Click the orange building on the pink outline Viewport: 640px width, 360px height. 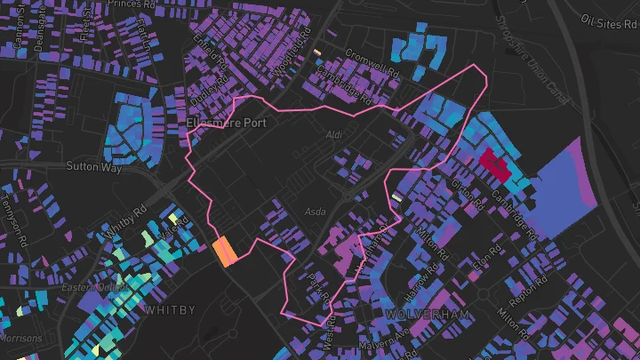tap(225, 252)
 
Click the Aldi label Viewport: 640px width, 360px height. tap(334, 134)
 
